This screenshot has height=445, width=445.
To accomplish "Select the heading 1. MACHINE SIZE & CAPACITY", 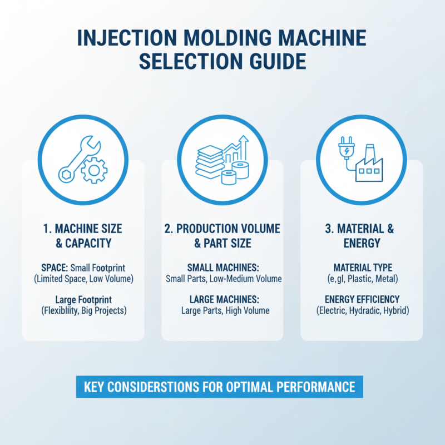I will tap(83, 236).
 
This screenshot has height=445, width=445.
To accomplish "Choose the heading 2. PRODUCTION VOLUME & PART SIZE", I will tap(222, 236).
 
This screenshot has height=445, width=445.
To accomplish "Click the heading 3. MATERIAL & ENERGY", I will tap(362, 236).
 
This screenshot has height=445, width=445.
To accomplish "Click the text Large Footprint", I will tap(83, 299).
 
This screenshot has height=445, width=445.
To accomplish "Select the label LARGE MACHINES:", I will tap(222, 299).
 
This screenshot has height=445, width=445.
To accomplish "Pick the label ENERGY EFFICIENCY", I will tap(362, 299).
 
